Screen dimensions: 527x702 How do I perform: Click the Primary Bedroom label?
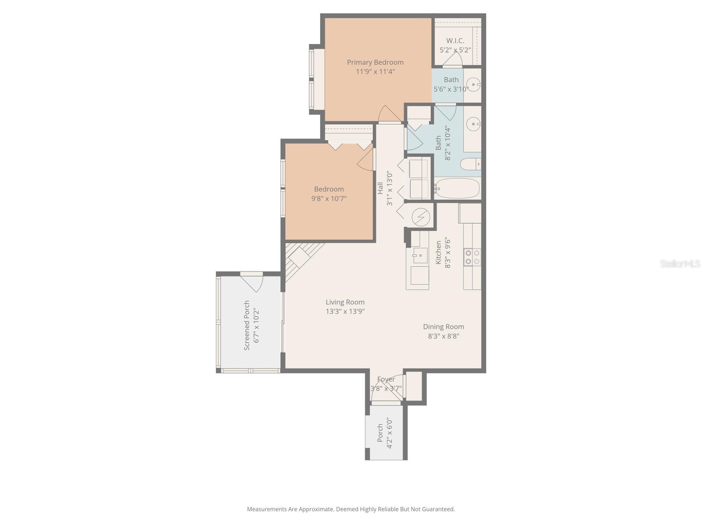pyautogui.click(x=375, y=62)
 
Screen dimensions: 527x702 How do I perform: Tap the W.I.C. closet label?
pyautogui.click(x=455, y=40)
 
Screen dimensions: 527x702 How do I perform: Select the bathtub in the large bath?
pyautogui.click(x=458, y=188)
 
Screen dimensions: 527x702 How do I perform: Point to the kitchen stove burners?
pyautogui.click(x=472, y=257)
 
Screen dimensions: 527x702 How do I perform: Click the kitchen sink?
pyautogui.click(x=420, y=255)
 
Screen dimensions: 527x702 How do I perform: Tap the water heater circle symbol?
pyautogui.click(x=420, y=217)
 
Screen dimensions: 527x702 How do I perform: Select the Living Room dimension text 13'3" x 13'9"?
pyautogui.click(x=345, y=311)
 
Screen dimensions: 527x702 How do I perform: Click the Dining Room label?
pyautogui.click(x=443, y=327)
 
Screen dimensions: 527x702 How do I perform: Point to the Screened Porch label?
pyautogui.click(x=247, y=325)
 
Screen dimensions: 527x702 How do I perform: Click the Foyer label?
pyautogui.click(x=386, y=379)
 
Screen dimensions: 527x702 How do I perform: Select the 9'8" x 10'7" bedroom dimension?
pyautogui.click(x=329, y=199)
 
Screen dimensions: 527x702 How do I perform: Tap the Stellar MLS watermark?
pyautogui.click(x=680, y=264)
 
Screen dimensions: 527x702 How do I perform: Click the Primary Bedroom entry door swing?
pyautogui.click(x=389, y=114)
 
